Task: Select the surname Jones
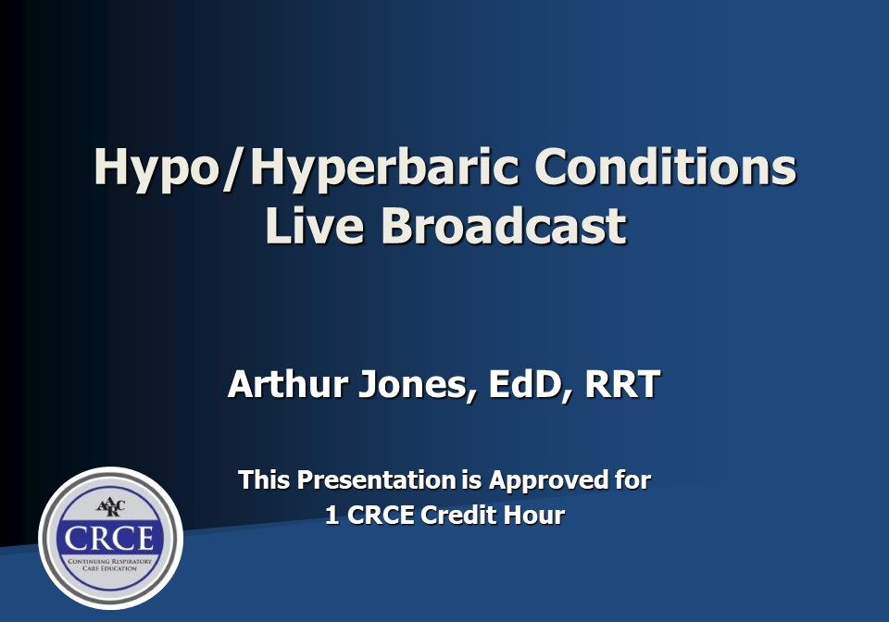click(x=416, y=384)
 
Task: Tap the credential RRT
click(x=622, y=384)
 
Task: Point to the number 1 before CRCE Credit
click(x=332, y=516)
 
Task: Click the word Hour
click(x=534, y=516)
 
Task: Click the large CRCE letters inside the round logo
click(x=110, y=539)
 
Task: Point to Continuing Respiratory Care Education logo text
click(x=110, y=565)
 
